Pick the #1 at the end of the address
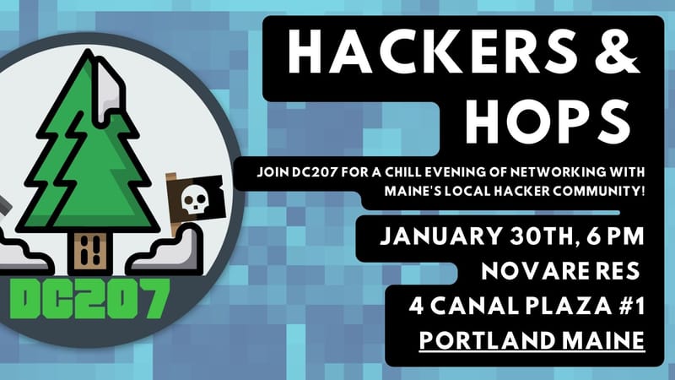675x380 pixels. pos(624,306)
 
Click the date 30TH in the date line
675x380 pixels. pos(541,233)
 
